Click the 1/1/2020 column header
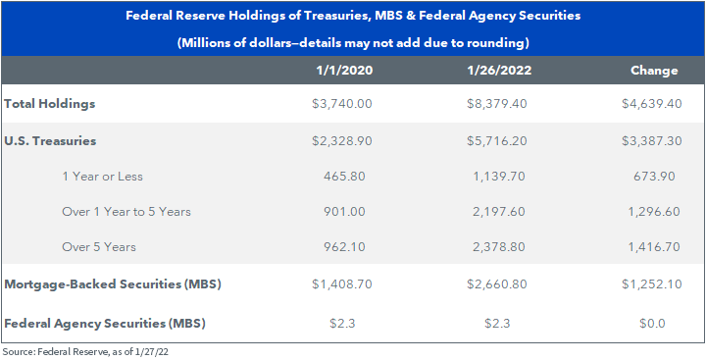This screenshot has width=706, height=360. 344,71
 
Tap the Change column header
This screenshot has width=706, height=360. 654,71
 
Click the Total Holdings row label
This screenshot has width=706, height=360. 50,104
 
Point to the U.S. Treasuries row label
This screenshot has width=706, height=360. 50,141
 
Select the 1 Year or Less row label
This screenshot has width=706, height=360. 102,177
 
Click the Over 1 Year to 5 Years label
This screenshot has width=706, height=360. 126,211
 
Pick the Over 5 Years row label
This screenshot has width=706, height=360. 99,247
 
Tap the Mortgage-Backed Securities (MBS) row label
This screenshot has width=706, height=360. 112,284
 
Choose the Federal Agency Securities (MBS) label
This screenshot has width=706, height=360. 105,324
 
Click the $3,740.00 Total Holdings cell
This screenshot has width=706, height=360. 342,104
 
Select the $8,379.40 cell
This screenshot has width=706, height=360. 496,104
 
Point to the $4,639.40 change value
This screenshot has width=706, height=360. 651,104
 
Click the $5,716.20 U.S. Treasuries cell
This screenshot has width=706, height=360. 496,141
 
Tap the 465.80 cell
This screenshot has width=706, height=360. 344,177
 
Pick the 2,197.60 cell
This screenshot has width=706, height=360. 498,211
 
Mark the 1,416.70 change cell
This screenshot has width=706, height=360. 654,247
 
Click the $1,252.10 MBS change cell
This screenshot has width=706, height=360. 651,284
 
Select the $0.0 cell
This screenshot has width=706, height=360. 652,324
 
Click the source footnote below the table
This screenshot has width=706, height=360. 84,351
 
